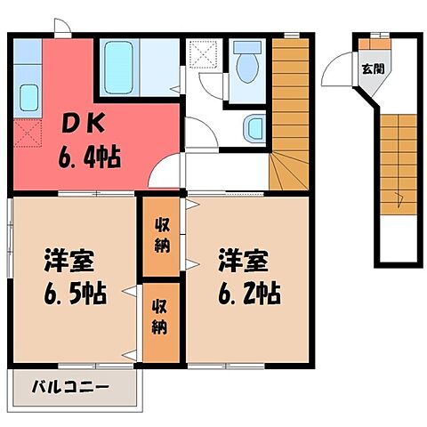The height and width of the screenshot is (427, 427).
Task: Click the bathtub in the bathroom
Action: pyautogui.click(x=119, y=63)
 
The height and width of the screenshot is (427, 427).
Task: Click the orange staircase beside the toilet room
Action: pyautogui.click(x=289, y=98)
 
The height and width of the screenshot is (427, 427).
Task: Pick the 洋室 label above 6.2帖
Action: pyautogui.click(x=242, y=263)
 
